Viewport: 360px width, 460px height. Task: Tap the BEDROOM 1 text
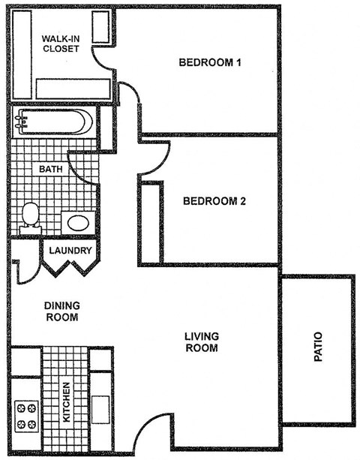click(209, 62)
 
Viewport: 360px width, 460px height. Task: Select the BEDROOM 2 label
click(214, 201)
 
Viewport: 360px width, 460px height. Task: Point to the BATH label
click(50, 170)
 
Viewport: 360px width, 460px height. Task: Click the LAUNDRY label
click(70, 251)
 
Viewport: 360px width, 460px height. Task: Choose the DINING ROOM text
click(61, 311)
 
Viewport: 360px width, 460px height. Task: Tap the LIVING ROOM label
click(201, 341)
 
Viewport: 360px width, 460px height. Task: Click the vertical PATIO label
click(318, 348)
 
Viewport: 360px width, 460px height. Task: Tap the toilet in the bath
click(31, 215)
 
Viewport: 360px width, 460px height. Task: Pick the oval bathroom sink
click(77, 222)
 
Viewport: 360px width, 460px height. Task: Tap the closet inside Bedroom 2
click(151, 222)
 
